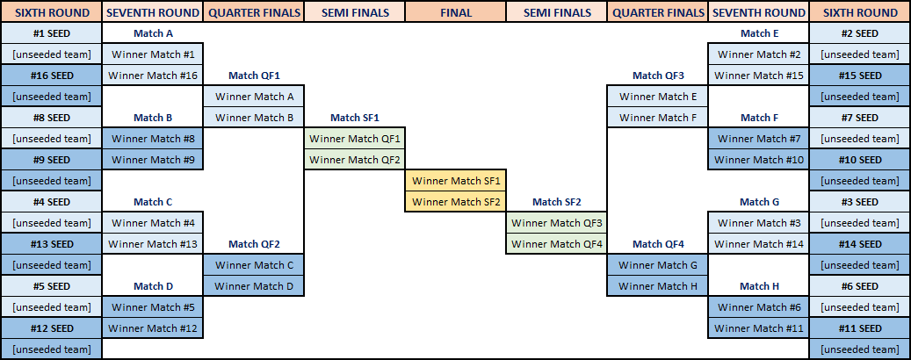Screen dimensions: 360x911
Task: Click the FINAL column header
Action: [455, 12]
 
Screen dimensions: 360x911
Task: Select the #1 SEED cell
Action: [51, 33]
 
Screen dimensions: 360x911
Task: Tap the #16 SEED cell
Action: [51, 76]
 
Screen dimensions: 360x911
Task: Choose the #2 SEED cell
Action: [859, 33]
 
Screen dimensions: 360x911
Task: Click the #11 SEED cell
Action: [859, 328]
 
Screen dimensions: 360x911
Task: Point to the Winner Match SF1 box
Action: [455, 181]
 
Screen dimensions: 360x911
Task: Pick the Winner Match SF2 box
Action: [455, 202]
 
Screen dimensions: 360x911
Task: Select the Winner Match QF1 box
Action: [354, 139]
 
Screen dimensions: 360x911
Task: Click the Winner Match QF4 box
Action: [557, 244]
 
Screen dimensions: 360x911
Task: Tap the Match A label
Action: [153, 33]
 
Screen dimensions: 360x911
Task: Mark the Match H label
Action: [759, 286]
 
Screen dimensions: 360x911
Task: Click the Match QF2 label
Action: [254, 244]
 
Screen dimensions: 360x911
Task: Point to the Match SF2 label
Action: [557, 202]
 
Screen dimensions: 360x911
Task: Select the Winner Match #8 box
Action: [153, 139]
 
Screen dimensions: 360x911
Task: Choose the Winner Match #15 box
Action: [759, 76]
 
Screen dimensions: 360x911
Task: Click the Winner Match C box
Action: [254, 265]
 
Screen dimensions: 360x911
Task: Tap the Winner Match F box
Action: [658, 118]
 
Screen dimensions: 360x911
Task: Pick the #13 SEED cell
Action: [51, 244]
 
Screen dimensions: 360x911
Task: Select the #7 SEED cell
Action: [859, 118]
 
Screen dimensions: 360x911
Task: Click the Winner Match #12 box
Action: [153, 328]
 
